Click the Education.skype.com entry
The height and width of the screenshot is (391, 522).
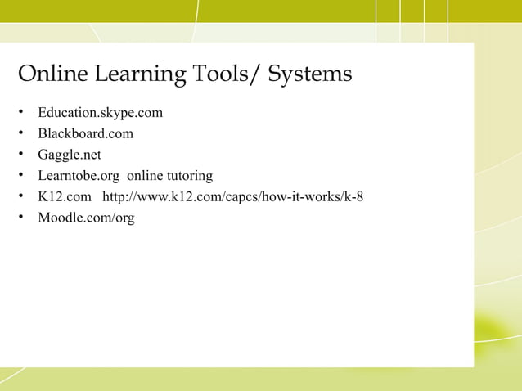coord(100,112)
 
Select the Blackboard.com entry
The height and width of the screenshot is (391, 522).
coord(85,133)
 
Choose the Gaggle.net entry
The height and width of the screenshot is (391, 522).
coord(70,155)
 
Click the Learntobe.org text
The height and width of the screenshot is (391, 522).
coord(79,176)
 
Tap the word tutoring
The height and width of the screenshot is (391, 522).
coord(187,176)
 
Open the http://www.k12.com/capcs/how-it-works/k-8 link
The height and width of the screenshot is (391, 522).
coord(232,197)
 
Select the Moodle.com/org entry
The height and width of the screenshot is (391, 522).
coord(86,218)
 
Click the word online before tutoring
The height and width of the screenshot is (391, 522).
coord(143,176)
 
